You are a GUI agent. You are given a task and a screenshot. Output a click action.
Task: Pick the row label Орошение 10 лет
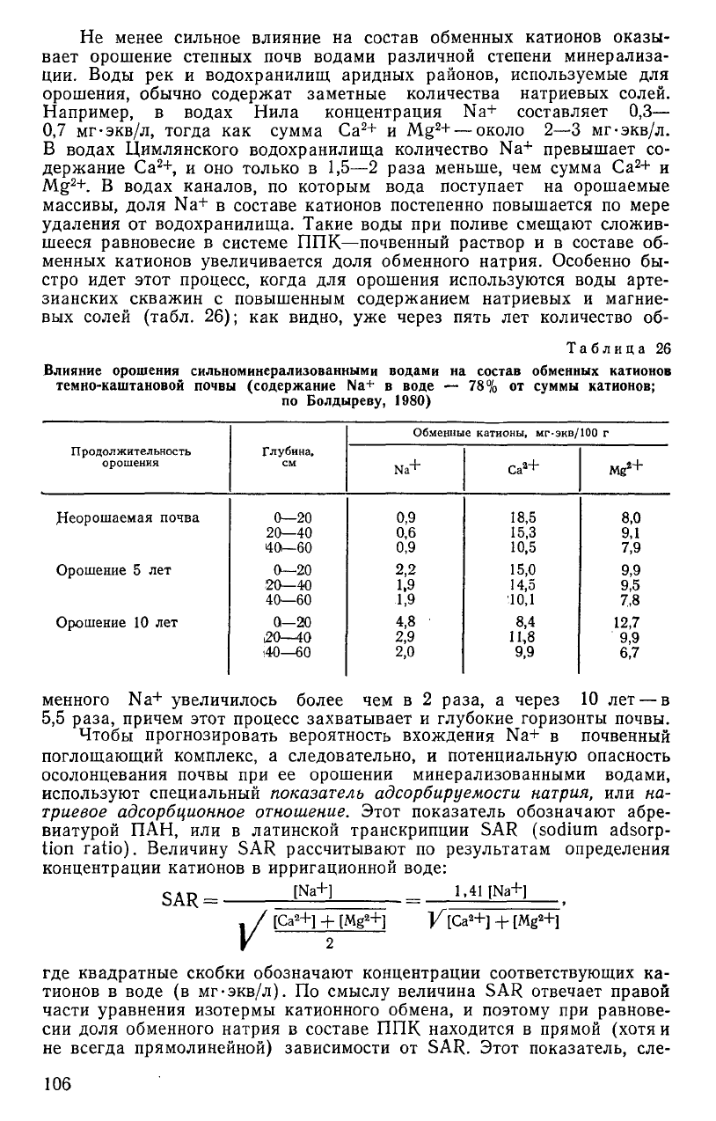coord(117,623)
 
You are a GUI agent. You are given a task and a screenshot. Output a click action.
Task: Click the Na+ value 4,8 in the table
coord(405,623)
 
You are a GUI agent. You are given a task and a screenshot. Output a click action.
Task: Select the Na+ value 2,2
coord(405,570)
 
